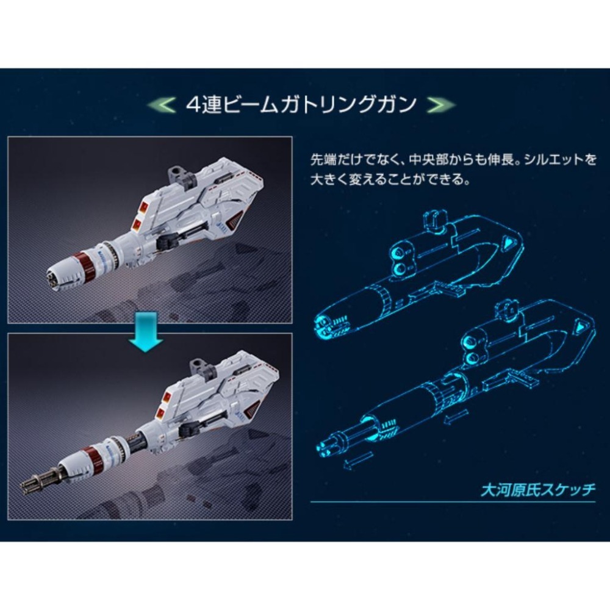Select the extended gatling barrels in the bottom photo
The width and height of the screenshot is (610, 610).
(40, 486)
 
